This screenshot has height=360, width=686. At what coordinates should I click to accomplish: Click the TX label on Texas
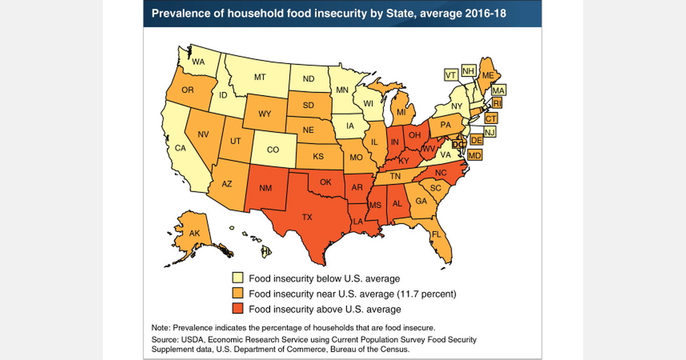(x=308, y=218)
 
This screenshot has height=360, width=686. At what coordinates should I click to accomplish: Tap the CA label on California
(x=181, y=148)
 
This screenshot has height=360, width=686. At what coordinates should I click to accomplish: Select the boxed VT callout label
(x=451, y=75)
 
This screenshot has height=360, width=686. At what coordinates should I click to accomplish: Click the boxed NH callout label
(x=469, y=71)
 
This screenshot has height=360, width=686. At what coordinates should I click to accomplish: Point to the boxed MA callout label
(x=498, y=90)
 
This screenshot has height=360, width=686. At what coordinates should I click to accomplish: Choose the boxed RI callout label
(x=497, y=103)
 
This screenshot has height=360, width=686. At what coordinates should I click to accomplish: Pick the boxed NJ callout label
(x=489, y=132)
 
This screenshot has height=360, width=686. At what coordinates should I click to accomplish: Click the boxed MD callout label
(x=474, y=155)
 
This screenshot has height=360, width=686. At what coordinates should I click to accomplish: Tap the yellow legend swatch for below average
(x=237, y=279)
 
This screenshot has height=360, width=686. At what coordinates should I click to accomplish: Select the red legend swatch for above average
(x=237, y=309)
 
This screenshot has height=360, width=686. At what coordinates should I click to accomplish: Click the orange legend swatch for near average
(x=237, y=294)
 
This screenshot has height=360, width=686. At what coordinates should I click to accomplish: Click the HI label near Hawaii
(x=266, y=251)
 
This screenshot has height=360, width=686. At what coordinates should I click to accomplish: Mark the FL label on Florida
(x=436, y=234)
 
